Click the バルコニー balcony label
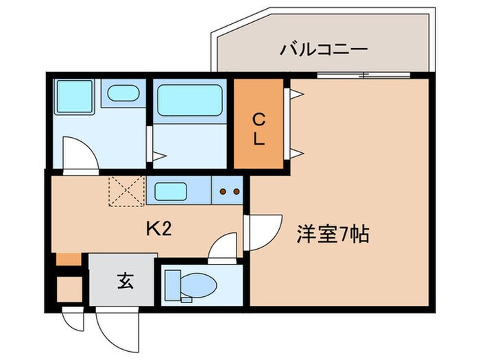[324, 49]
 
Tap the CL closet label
[259, 130]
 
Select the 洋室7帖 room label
[333, 235]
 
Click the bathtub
[189, 101]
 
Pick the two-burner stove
[229, 191]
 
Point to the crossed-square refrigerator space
[126, 190]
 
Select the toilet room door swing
[223, 247]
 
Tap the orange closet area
[259, 123]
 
